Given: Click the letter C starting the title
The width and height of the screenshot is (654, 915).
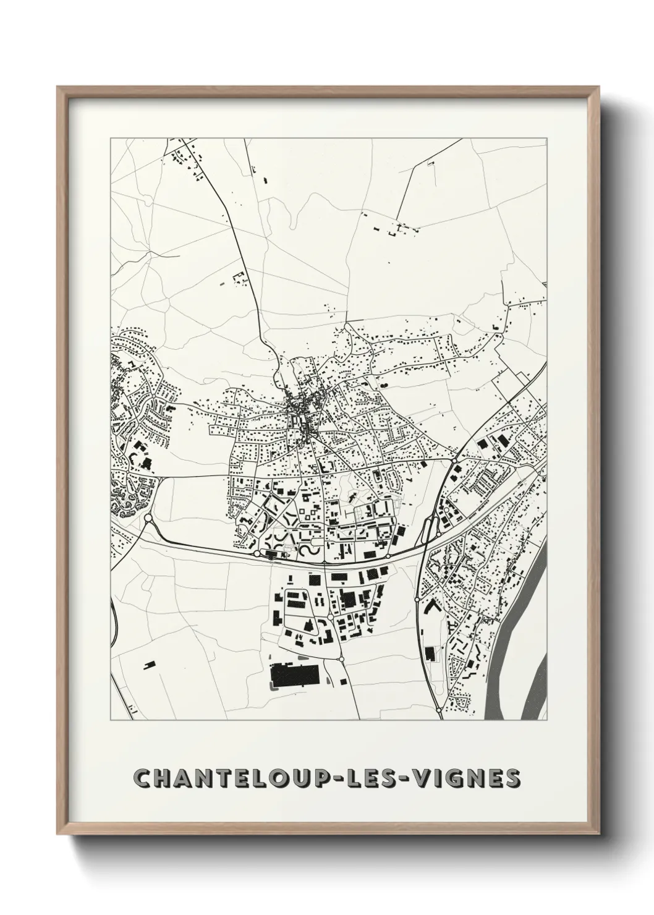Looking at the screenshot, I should click(x=144, y=778).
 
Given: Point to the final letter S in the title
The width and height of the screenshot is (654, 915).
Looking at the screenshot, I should click(x=512, y=778).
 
